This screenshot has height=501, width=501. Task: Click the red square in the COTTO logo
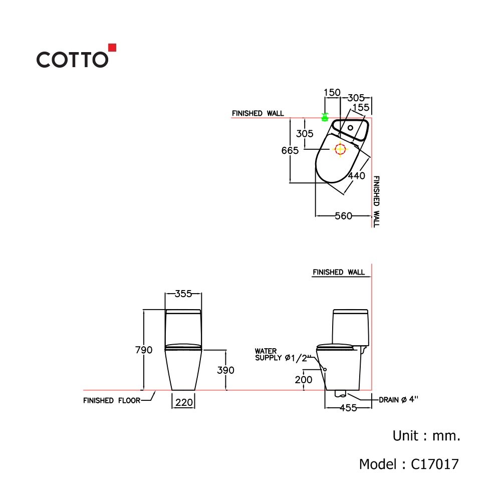tap(112, 48)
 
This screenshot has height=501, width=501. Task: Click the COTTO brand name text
tap(73, 60)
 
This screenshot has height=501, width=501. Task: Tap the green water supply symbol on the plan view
tap(325, 117)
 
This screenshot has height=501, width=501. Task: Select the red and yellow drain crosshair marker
tap(340, 149)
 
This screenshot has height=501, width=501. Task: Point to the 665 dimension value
tap(290, 150)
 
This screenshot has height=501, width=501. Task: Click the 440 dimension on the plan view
tap(357, 175)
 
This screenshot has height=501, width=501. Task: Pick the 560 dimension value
tap(344, 216)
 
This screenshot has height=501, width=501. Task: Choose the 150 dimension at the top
tap(332, 92)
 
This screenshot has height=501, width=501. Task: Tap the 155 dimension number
tap(361, 107)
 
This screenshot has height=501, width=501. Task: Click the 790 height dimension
tap(144, 350)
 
